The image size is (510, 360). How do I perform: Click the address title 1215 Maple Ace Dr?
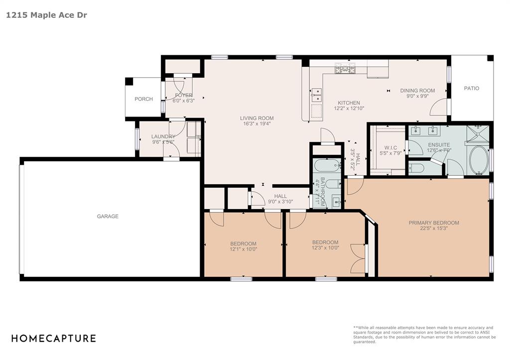pyautogui.click(x=46, y=15)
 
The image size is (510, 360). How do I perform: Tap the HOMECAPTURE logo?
pyautogui.click(x=54, y=338)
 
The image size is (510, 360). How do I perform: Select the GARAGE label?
pyautogui.click(x=108, y=216)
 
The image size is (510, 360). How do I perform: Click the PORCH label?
pyautogui.click(x=144, y=99)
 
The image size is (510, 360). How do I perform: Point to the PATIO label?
pyautogui.click(x=472, y=88)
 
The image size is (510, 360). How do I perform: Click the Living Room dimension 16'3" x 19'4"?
pyautogui.click(x=257, y=123)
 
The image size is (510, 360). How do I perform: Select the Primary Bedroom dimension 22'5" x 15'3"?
pyautogui.click(x=434, y=228)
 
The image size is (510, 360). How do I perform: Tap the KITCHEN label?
pyautogui.click(x=349, y=103)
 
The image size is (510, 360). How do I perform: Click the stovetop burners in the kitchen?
pyautogui.click(x=345, y=68)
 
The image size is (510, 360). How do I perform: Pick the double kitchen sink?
pyautogui.click(x=316, y=95)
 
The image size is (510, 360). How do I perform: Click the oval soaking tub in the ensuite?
pyautogui.click(x=479, y=160)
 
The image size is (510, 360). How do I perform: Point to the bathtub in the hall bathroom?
pyautogui.click(x=328, y=165)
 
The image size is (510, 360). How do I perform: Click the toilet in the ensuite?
pyautogui.click(x=416, y=168)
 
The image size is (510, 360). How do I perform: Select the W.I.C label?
pyautogui.click(x=390, y=148)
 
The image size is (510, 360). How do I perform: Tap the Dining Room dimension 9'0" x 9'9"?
pyautogui.click(x=418, y=96)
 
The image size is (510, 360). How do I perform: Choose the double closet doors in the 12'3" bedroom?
pyautogui.click(x=358, y=258)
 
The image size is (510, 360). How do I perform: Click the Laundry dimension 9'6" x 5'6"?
pyautogui.click(x=163, y=142)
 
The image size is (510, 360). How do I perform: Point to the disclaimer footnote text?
pyautogui.click(x=424, y=335)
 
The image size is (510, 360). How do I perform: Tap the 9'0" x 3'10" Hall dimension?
pyautogui.click(x=280, y=202)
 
